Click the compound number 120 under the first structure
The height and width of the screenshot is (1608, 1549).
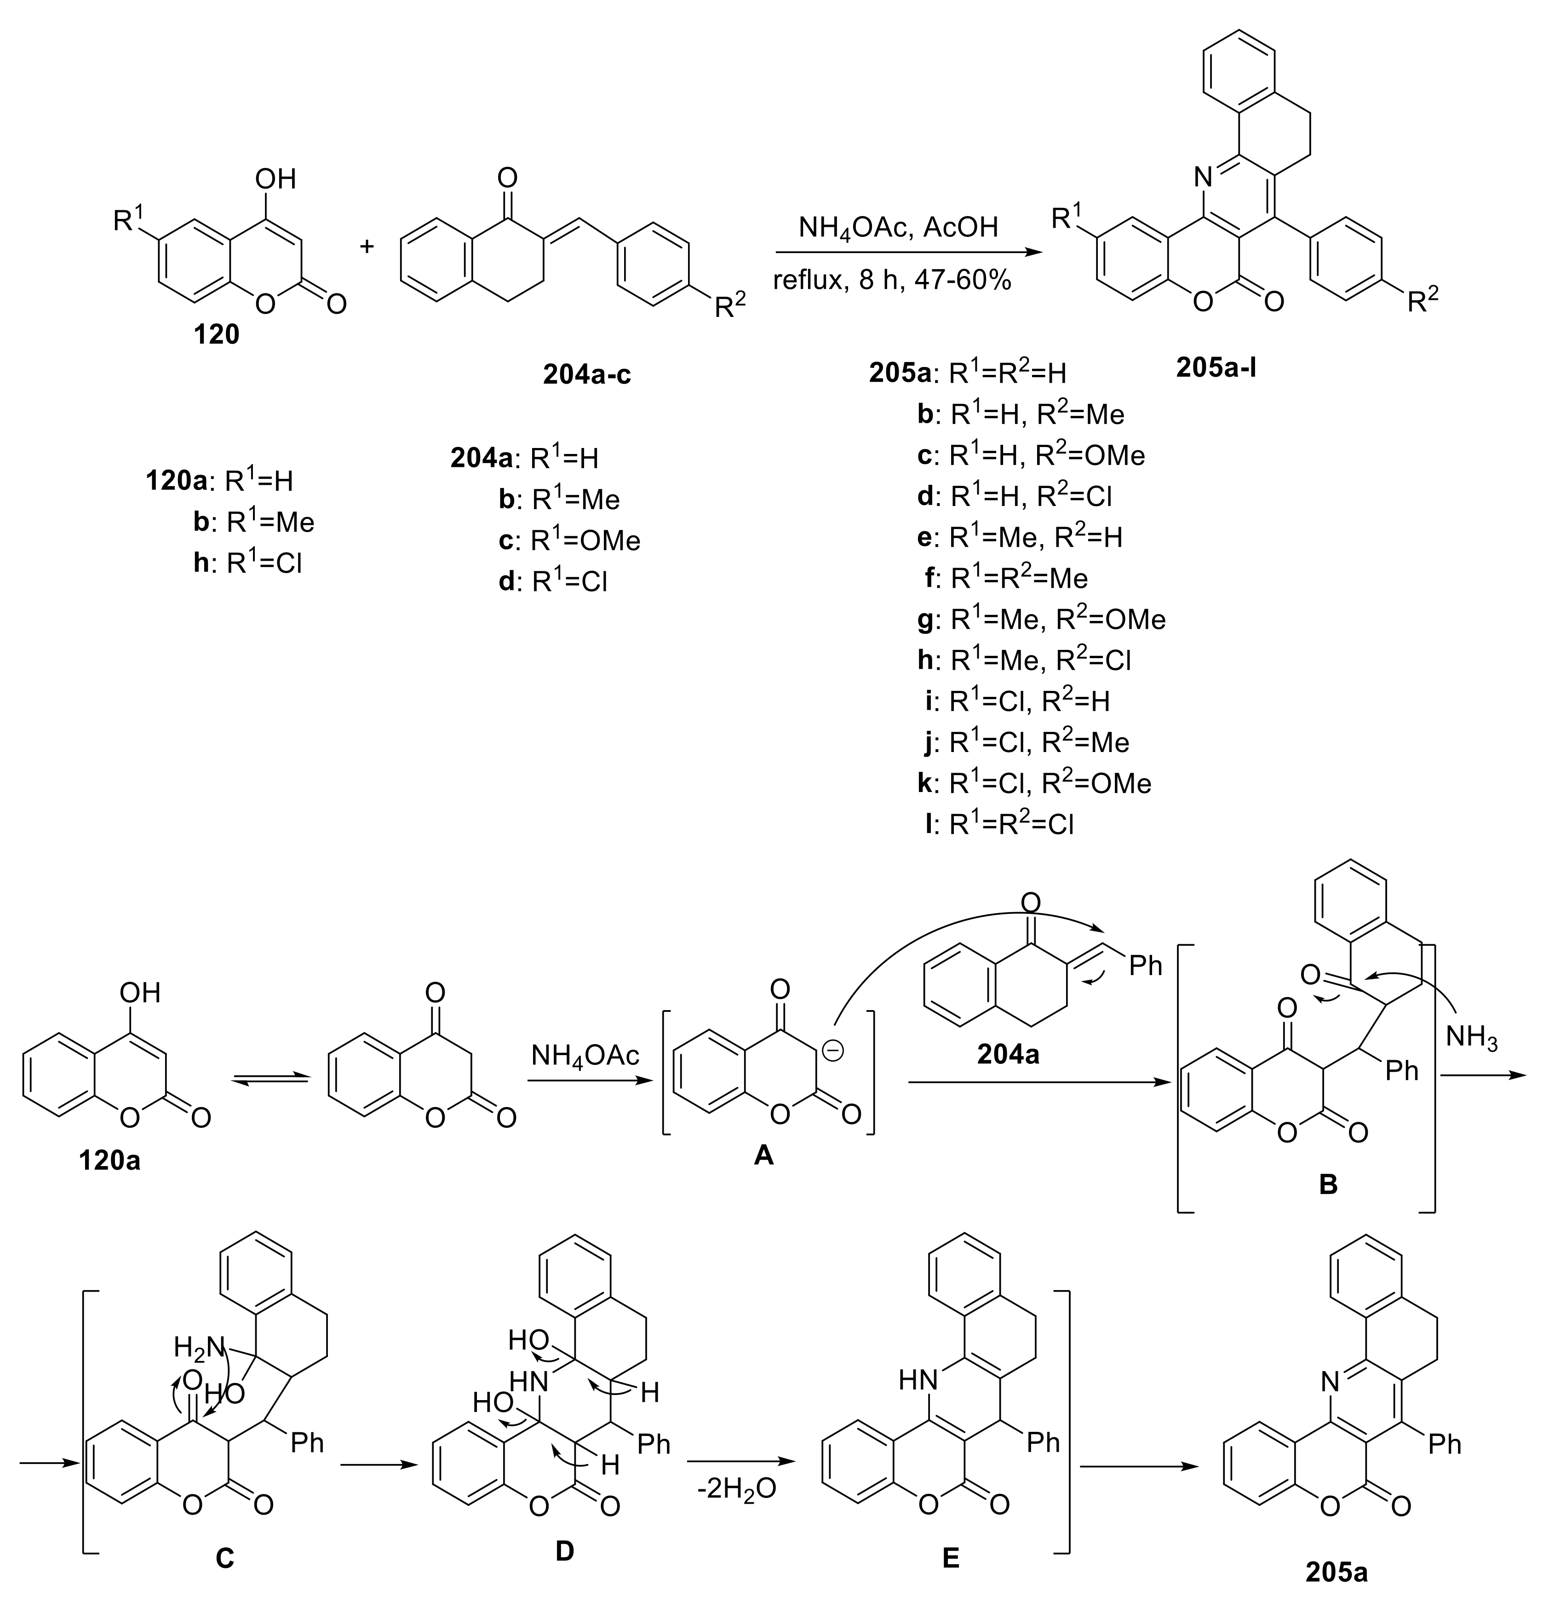pyautogui.click(x=216, y=334)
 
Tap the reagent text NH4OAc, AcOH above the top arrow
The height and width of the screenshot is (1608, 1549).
pyautogui.click(x=898, y=226)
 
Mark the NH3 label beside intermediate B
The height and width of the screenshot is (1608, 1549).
pyautogui.click(x=1471, y=1037)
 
